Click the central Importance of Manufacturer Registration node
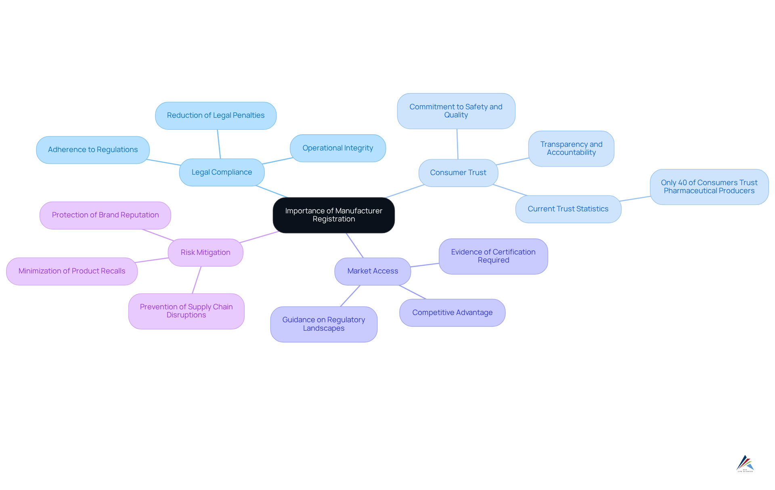(x=333, y=215)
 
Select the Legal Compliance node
(x=222, y=172)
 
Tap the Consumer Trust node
(x=458, y=173)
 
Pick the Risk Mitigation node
(x=205, y=252)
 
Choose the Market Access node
(x=373, y=271)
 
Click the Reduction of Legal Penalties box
(x=216, y=115)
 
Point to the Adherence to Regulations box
(x=93, y=150)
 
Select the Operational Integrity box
(x=337, y=148)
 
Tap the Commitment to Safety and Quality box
(x=456, y=111)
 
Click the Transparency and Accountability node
(x=571, y=148)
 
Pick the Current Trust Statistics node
(x=568, y=209)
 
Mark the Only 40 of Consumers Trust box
(x=709, y=187)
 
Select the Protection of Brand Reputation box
(x=105, y=215)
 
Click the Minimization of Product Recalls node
(x=72, y=271)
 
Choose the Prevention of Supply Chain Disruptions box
(x=186, y=311)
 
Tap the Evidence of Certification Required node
(x=493, y=256)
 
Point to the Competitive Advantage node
(x=452, y=313)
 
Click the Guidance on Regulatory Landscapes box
(x=323, y=324)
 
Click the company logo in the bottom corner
(x=745, y=463)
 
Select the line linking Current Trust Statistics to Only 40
(x=635, y=198)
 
